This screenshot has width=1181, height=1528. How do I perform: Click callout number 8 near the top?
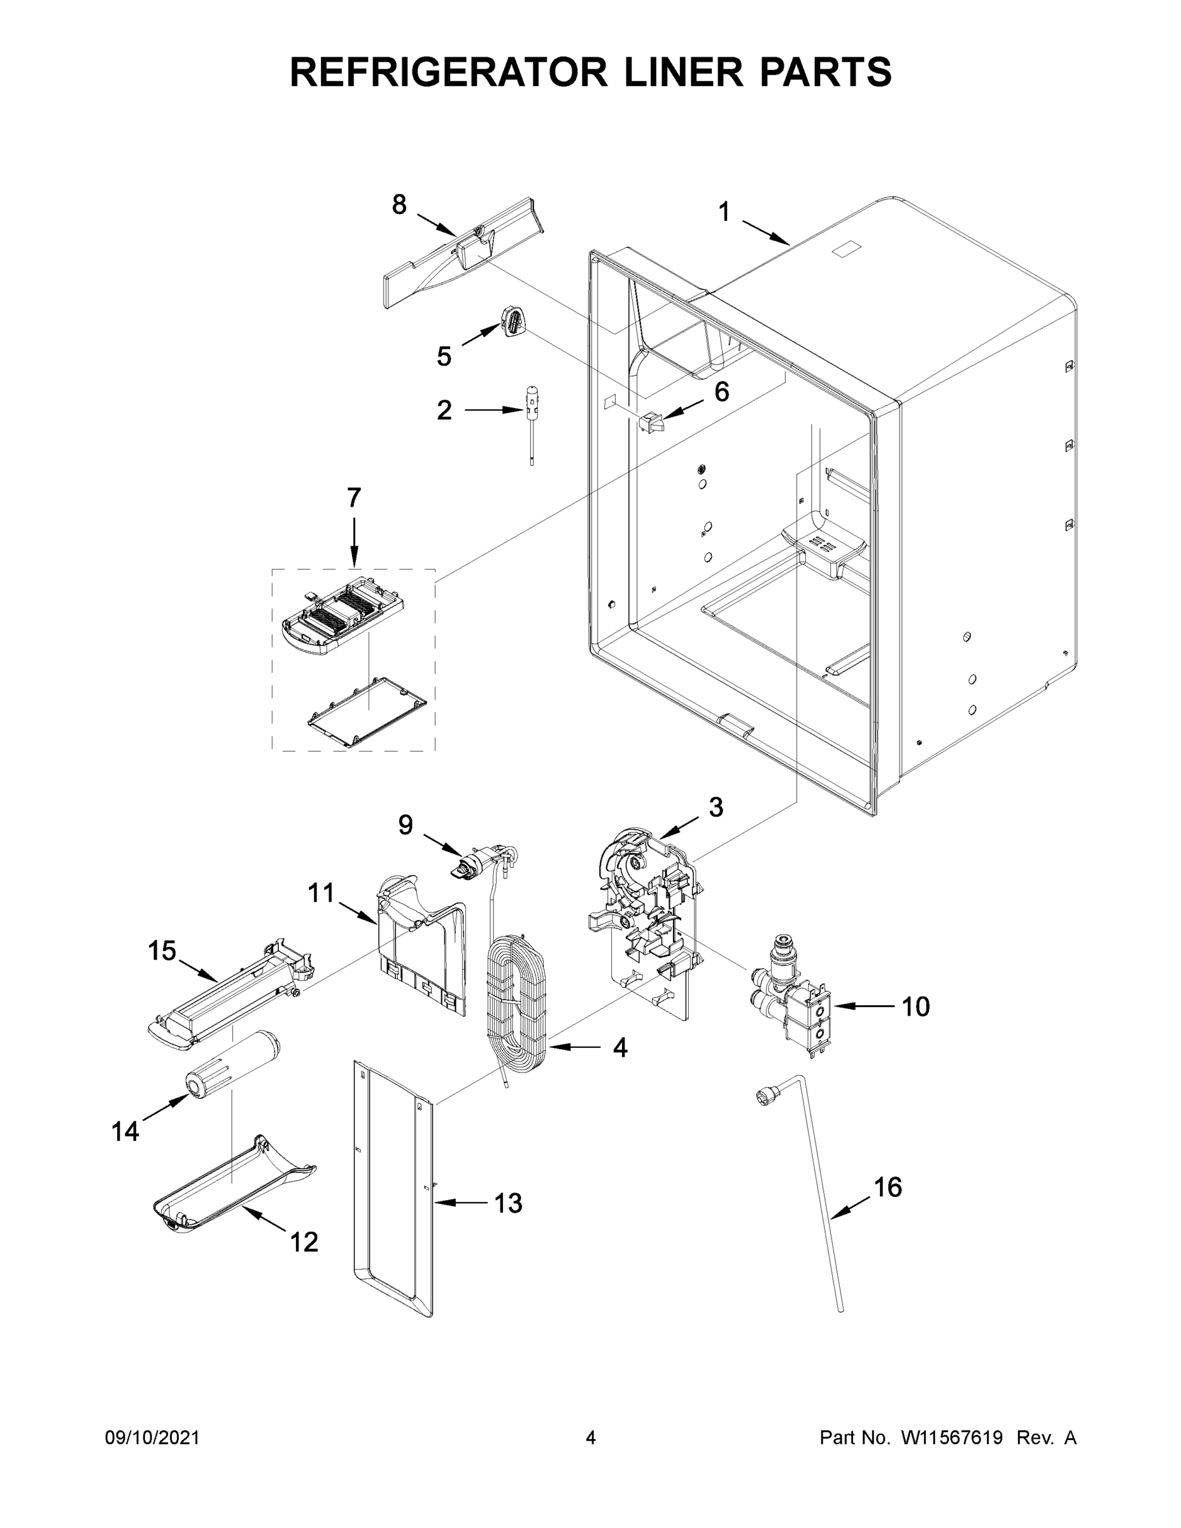click(399, 205)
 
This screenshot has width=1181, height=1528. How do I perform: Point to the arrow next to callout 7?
click(353, 542)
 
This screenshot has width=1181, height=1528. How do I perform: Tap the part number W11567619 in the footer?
click(952, 1438)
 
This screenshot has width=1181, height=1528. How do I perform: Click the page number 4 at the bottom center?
click(591, 1438)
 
